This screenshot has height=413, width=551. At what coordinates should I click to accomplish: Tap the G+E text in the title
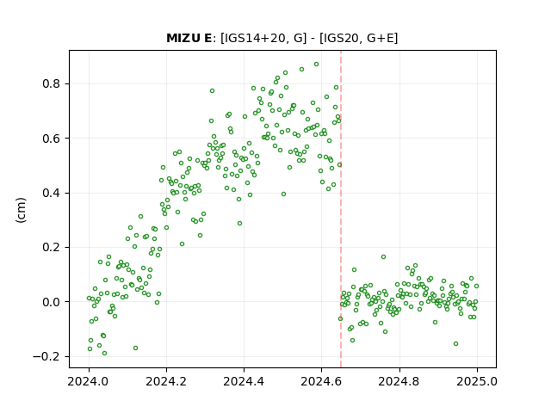[x=381, y=38]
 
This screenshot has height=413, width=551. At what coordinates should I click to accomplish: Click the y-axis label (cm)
[x=21, y=210]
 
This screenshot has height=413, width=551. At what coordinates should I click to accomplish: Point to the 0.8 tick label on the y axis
[x=52, y=84]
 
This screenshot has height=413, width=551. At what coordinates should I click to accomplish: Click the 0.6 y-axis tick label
[x=52, y=139]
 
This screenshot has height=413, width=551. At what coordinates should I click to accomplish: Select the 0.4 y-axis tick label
[x=52, y=193]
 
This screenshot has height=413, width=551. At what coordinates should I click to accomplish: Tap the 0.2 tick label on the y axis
[x=52, y=247]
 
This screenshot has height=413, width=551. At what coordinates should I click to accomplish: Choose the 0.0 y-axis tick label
[x=52, y=302]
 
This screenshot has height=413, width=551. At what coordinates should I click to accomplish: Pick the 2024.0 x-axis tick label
[x=89, y=381]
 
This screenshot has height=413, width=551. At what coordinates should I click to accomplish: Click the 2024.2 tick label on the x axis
[x=166, y=381]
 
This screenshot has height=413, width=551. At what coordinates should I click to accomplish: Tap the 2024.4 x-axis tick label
[x=244, y=381]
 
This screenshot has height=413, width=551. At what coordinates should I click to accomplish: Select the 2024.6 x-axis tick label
[x=321, y=381]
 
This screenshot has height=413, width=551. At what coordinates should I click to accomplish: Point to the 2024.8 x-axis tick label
[x=399, y=381]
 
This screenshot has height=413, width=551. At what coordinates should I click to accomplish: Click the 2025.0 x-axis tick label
[x=477, y=381]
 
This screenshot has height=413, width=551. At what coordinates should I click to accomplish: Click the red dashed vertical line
[x=341, y=209]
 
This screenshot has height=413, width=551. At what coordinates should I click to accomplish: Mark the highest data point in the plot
[x=316, y=65]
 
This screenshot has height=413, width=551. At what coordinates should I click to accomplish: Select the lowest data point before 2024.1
[x=104, y=354]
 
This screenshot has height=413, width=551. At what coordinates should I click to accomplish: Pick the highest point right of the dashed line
[x=383, y=257]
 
